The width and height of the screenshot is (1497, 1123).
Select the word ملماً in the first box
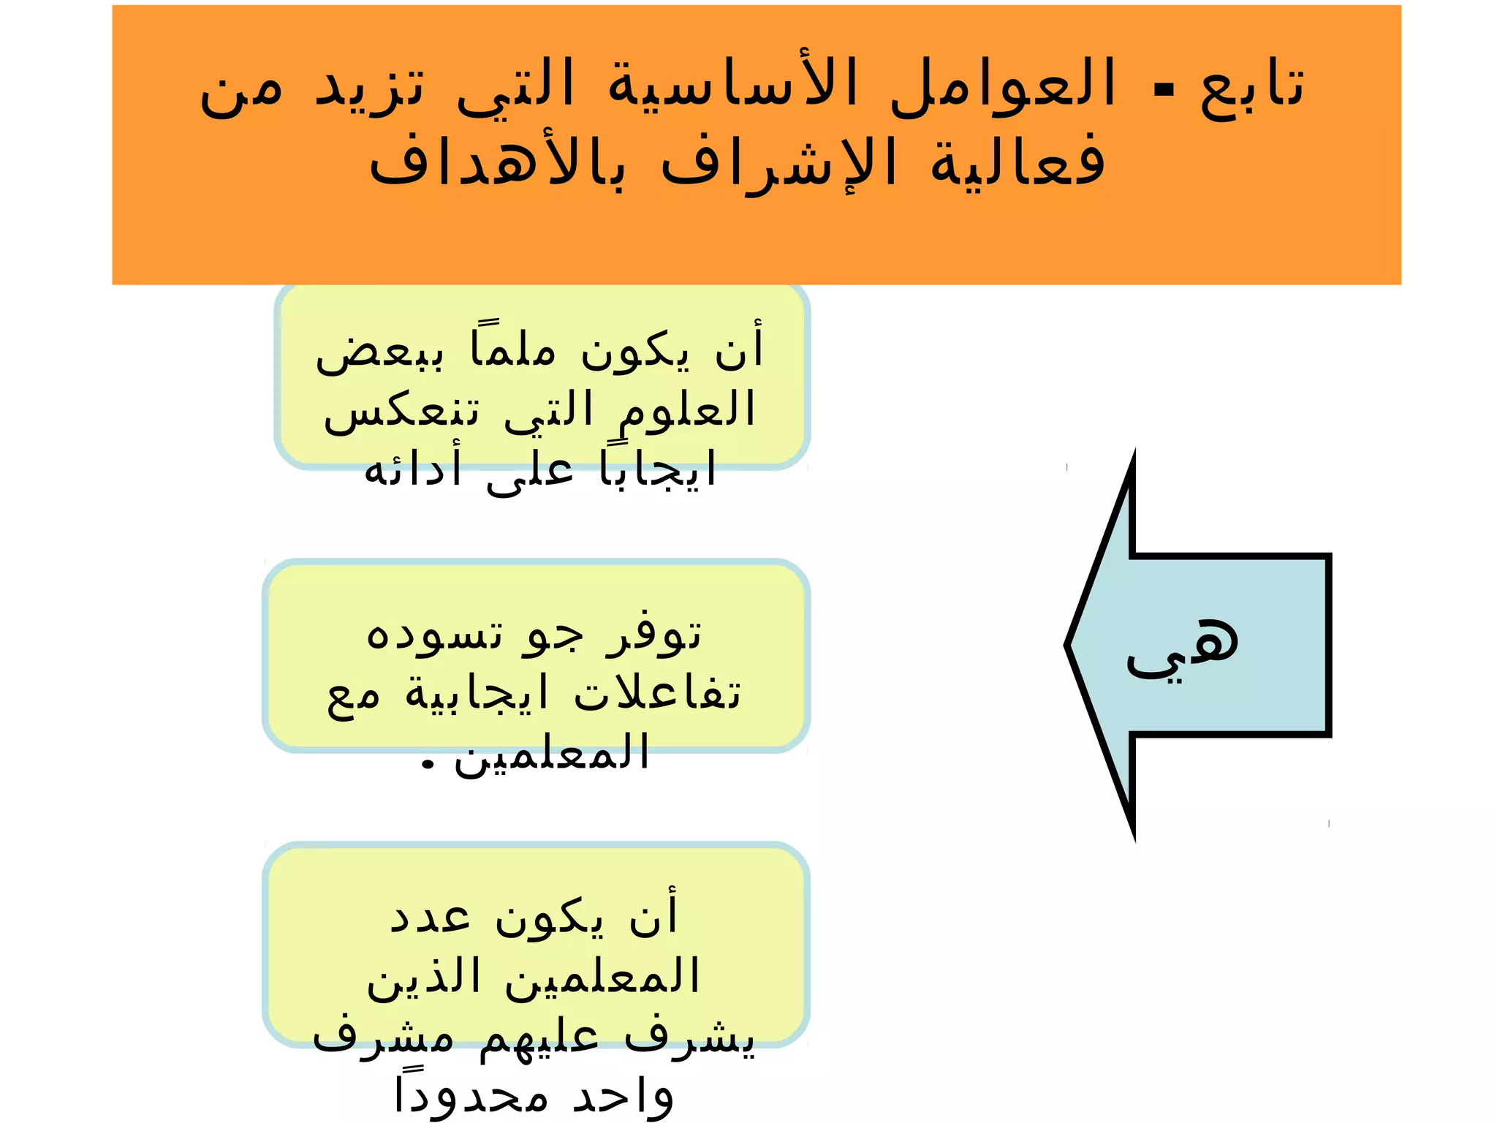tap(513, 348)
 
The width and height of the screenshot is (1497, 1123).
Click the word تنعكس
tap(402, 412)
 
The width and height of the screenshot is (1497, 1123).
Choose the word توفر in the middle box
tap(653, 635)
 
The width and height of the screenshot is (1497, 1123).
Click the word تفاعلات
tap(657, 692)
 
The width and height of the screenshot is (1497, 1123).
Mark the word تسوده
tap(434, 635)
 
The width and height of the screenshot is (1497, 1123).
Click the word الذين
tap(423, 978)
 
